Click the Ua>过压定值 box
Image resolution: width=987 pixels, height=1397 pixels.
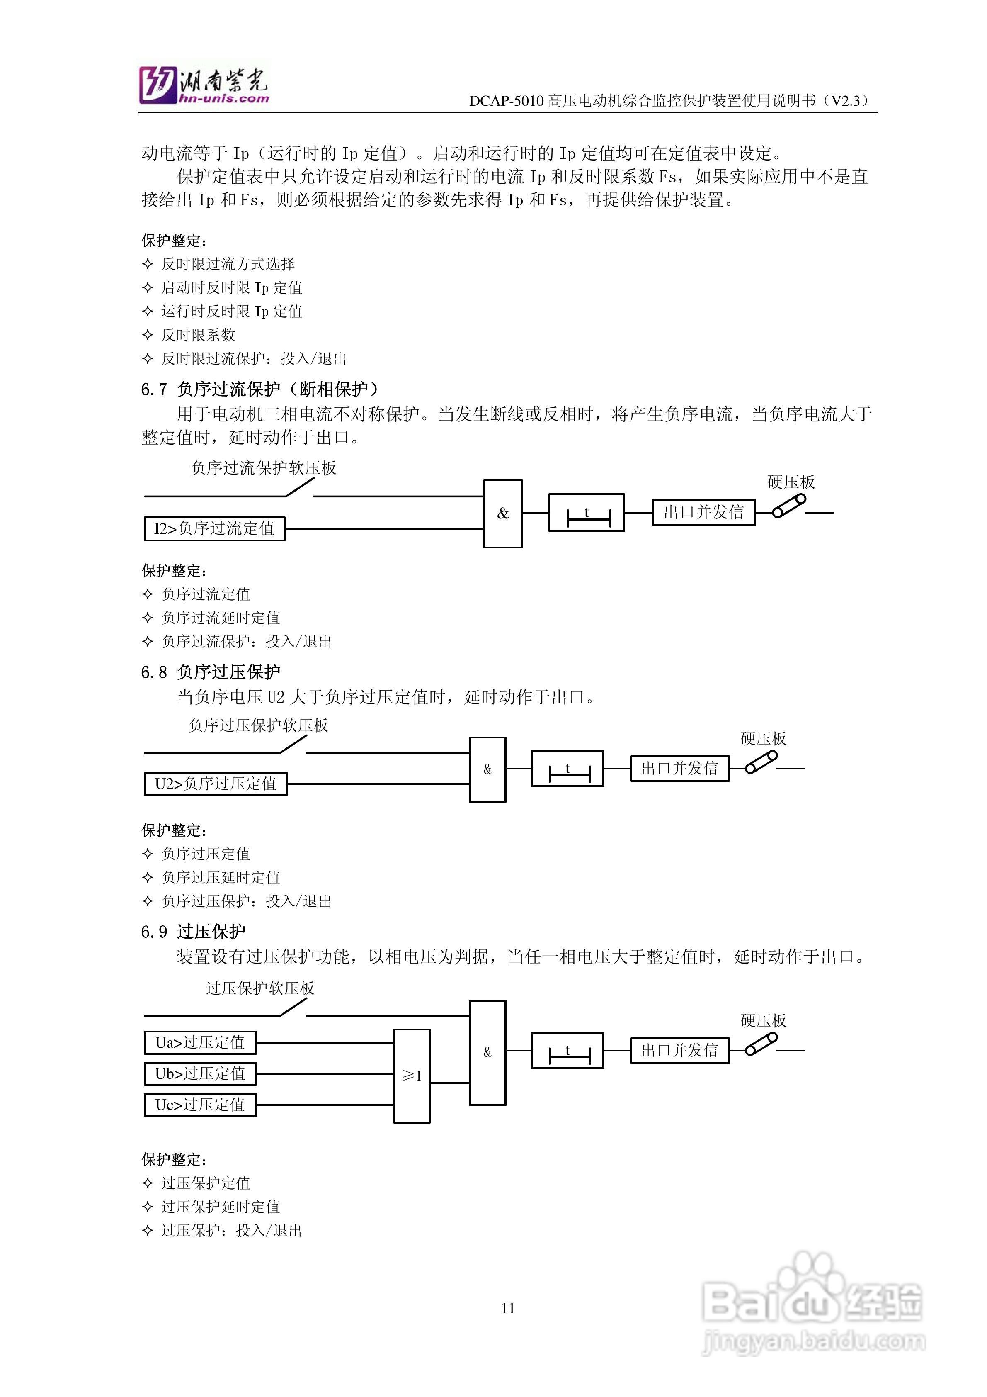(200, 1042)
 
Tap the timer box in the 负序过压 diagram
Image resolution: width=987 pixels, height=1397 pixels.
(567, 769)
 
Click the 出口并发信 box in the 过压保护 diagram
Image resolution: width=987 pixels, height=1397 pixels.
(679, 1050)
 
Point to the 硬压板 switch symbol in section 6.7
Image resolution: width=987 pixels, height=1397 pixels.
(789, 506)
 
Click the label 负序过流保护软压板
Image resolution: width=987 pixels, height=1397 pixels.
(263, 468)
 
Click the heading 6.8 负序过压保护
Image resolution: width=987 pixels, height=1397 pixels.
(211, 672)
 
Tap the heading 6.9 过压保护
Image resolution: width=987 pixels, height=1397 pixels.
(194, 932)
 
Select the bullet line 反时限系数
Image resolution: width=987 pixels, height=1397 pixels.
(198, 335)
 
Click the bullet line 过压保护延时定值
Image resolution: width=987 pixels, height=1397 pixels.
(220, 1207)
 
